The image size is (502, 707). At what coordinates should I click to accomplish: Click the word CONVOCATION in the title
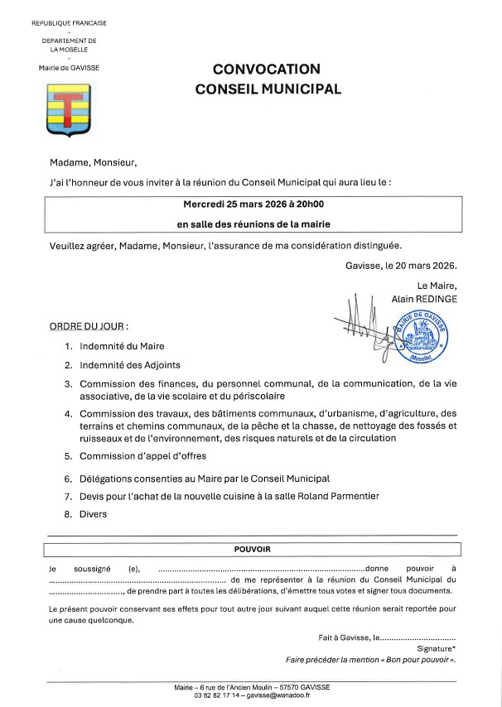pyautogui.click(x=267, y=70)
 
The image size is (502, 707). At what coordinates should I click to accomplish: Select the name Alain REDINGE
pyautogui.click(x=424, y=299)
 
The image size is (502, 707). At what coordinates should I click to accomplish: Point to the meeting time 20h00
pyautogui.click(x=307, y=204)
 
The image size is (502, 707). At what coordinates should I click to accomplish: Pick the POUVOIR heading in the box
pyautogui.click(x=252, y=549)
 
